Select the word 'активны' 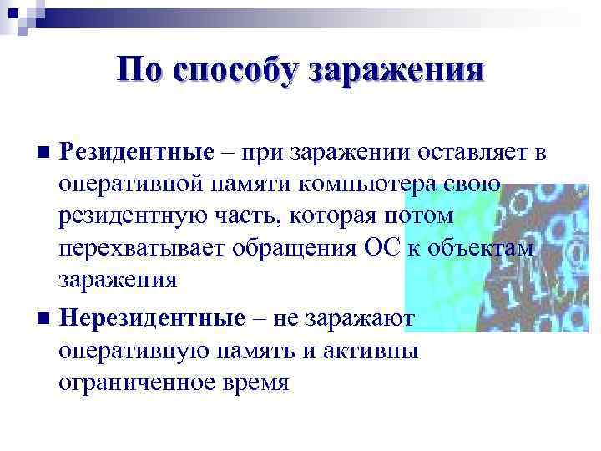376,350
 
